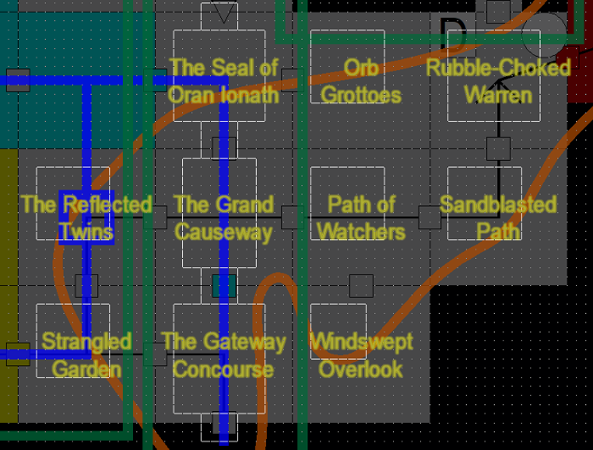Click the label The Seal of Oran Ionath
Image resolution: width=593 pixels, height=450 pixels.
click(223, 80)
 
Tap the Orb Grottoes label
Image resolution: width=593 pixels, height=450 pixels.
click(361, 80)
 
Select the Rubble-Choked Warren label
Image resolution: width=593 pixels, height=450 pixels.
click(498, 80)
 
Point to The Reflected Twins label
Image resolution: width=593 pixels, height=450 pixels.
click(86, 217)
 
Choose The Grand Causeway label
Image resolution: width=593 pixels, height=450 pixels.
click(223, 217)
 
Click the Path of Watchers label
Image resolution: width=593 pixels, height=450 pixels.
click(361, 217)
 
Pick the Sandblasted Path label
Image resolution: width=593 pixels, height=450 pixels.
click(498, 217)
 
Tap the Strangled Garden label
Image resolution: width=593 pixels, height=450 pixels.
click(86, 354)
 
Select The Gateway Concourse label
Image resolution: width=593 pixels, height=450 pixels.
click(223, 354)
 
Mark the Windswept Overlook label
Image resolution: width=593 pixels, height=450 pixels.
click(361, 354)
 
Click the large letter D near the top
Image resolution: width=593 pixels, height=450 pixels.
click(453, 35)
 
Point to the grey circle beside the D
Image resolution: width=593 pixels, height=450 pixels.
click(543, 34)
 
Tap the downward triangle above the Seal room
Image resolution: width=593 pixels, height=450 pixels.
click(224, 13)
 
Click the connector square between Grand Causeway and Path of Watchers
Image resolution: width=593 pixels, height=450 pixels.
click(292, 217)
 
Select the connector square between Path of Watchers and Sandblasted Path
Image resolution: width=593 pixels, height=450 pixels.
click(430, 217)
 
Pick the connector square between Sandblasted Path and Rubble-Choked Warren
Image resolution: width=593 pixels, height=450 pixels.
click(498, 149)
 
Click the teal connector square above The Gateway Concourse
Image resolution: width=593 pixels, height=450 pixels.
click(224, 286)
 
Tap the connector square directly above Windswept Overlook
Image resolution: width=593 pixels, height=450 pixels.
click(361, 286)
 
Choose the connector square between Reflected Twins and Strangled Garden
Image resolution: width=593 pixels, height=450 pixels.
click(86, 286)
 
